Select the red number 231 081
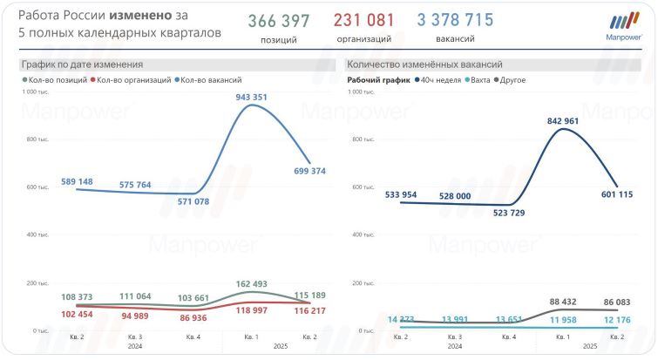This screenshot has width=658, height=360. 363,20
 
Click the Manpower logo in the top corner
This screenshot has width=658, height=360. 623,25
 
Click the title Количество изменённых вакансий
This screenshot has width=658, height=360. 424,65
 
